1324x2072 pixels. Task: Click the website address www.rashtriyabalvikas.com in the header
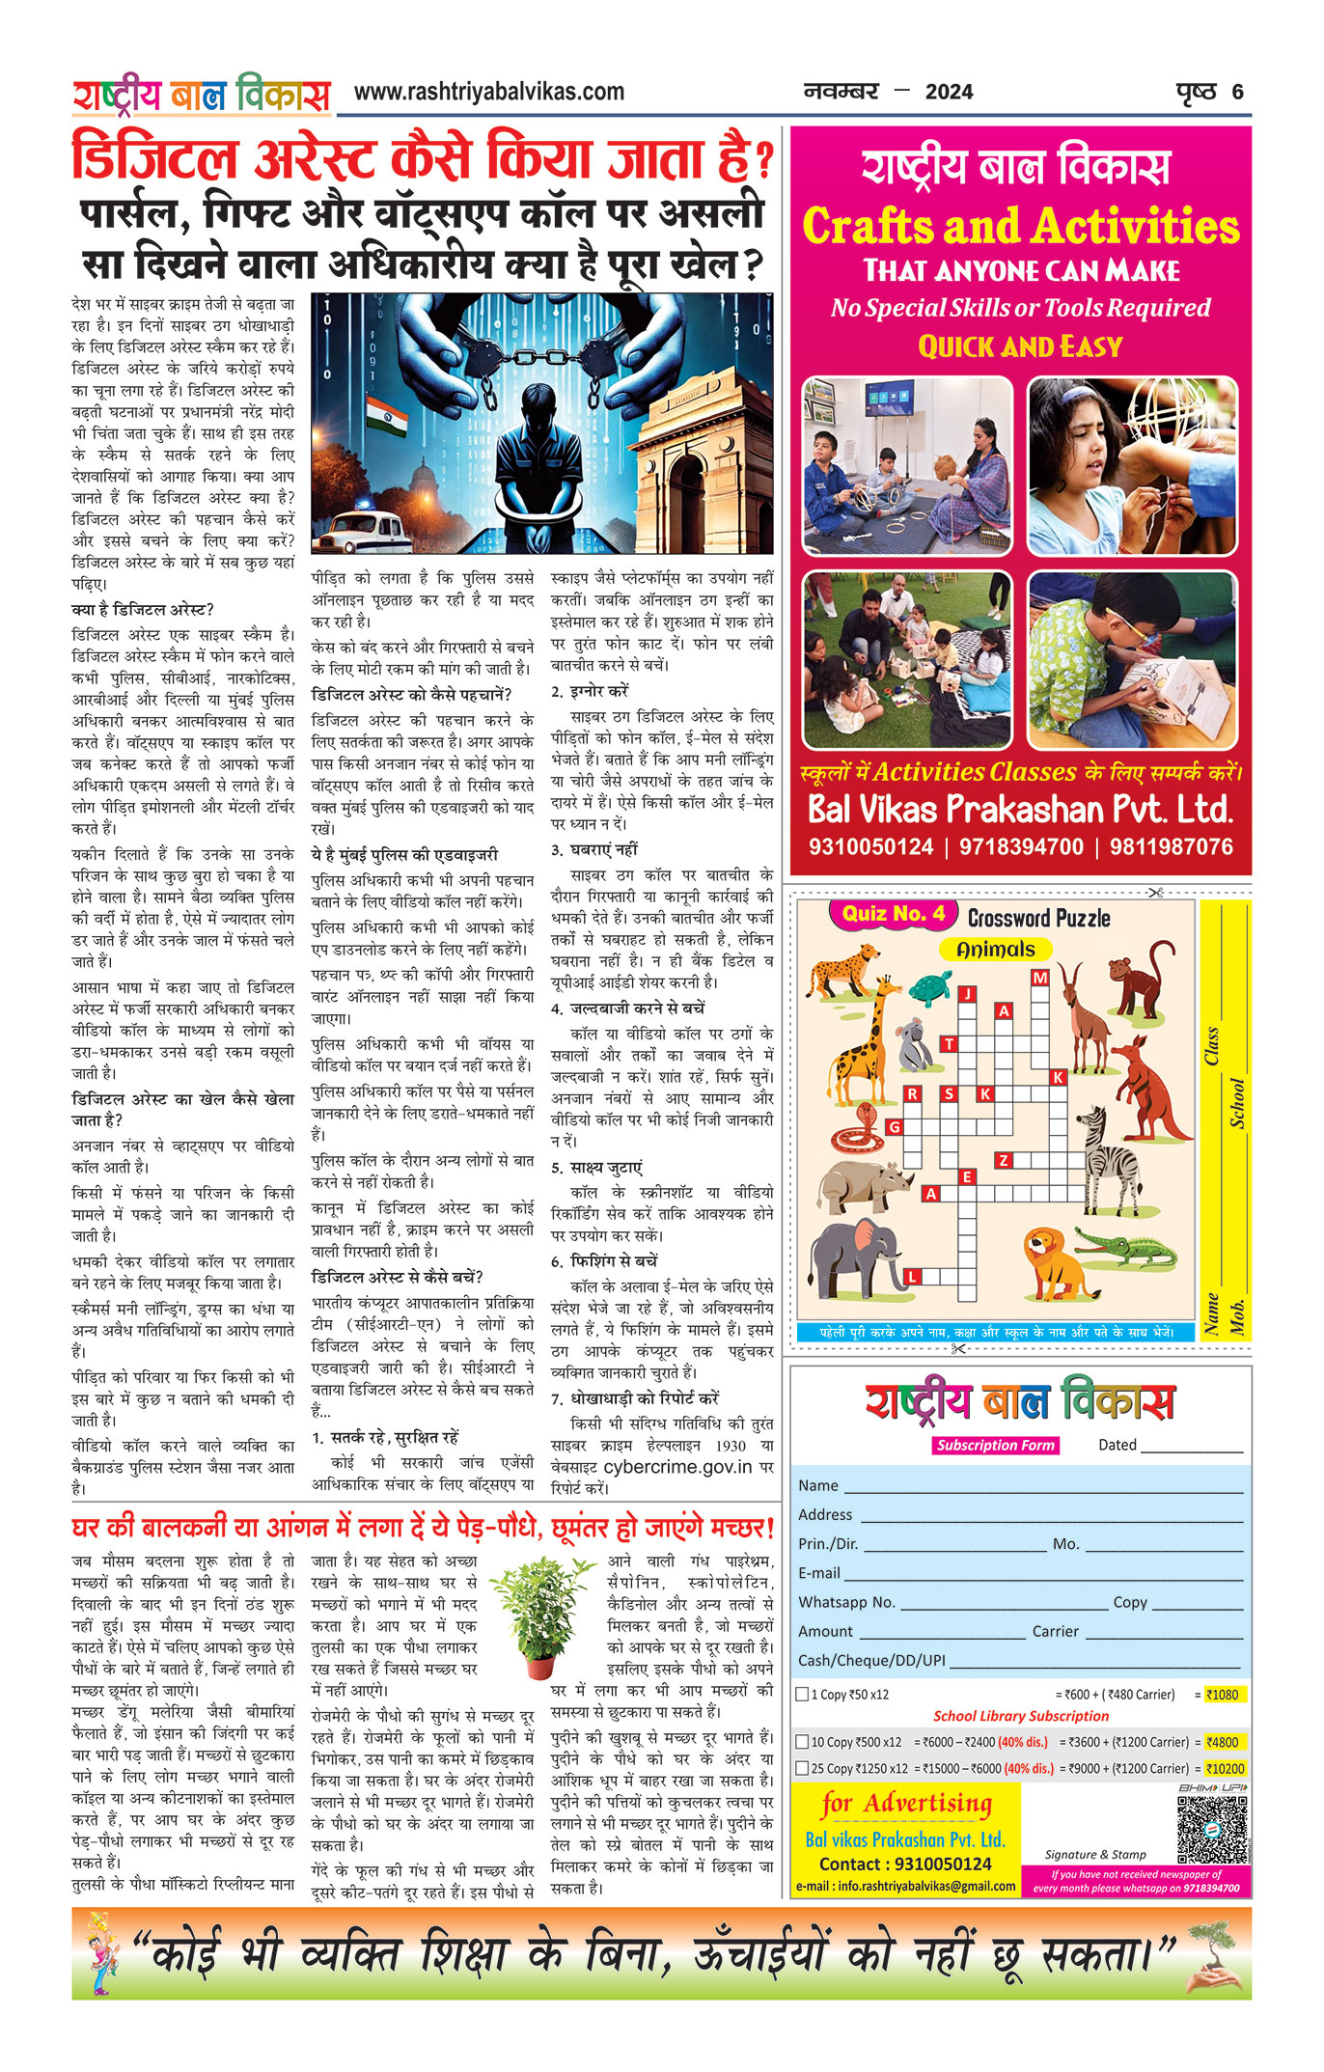[x=489, y=92]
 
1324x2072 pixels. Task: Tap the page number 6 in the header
[x=1237, y=93]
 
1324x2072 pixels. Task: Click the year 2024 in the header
[x=949, y=93]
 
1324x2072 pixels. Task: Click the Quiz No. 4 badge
[x=893, y=914]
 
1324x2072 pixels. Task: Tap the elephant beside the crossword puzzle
[x=856, y=1254]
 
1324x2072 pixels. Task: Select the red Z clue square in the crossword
[x=1004, y=1160]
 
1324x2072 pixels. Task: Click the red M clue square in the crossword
[x=1039, y=978]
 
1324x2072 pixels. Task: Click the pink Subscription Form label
[x=995, y=1446]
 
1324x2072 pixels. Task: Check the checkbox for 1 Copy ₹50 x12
[x=802, y=1694]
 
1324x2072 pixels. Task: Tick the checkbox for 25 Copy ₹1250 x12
[x=802, y=1769]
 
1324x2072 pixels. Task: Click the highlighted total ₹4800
[x=1222, y=1742]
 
